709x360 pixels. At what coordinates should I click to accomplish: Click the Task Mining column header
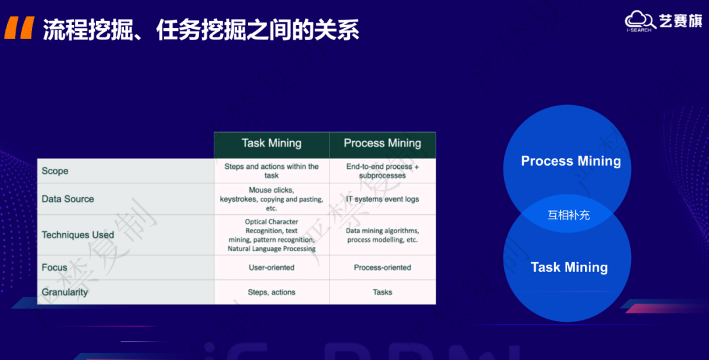(271, 144)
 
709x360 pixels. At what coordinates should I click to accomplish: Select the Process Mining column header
(382, 144)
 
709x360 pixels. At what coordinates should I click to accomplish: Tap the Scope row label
(55, 171)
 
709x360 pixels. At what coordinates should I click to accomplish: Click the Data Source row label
(68, 199)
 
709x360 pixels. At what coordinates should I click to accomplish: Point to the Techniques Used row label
(77, 235)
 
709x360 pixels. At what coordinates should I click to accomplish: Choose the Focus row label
(54, 267)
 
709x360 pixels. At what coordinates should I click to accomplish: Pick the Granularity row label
(64, 292)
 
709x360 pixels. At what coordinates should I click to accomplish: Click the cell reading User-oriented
(271, 267)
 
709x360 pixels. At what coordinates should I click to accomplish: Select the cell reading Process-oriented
(382, 267)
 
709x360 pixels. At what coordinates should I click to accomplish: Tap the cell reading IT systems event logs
(382, 199)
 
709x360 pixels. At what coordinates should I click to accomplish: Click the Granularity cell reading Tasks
(382, 292)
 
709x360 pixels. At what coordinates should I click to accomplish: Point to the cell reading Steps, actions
(271, 292)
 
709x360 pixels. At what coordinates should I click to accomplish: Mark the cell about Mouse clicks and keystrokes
(271, 199)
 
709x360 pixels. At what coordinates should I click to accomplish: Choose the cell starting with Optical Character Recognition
(271, 235)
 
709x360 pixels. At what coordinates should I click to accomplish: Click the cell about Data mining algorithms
(382, 235)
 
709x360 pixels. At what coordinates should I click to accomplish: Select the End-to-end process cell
(382, 171)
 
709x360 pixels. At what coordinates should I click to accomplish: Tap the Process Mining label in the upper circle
(570, 161)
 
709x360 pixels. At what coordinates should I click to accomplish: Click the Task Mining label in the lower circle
(569, 267)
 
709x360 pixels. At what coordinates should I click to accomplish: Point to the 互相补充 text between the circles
(569, 215)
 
